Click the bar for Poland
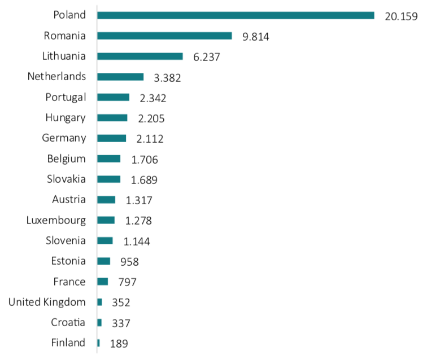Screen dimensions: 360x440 click(x=236, y=15)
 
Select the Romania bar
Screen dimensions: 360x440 click(x=164, y=36)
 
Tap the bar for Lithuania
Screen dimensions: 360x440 click(x=140, y=56)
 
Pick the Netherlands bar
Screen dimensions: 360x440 click(x=120, y=77)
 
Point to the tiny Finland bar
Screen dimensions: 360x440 click(x=98, y=343)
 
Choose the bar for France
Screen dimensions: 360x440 click(x=102, y=282)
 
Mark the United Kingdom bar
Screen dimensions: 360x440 click(x=99, y=302)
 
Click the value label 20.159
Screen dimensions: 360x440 click(x=401, y=16)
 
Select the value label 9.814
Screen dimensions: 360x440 click(x=256, y=37)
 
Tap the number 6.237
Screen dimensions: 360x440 click(x=206, y=57)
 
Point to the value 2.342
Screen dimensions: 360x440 click(x=153, y=98)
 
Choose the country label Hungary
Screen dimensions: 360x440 click(x=66, y=118)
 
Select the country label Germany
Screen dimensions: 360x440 click(x=64, y=138)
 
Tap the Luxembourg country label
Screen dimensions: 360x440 click(x=56, y=220)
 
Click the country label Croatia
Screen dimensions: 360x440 click(x=68, y=322)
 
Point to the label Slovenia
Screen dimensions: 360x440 click(x=66, y=240)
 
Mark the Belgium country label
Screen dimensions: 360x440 click(x=67, y=159)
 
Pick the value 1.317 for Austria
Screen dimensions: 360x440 click(x=139, y=200)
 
